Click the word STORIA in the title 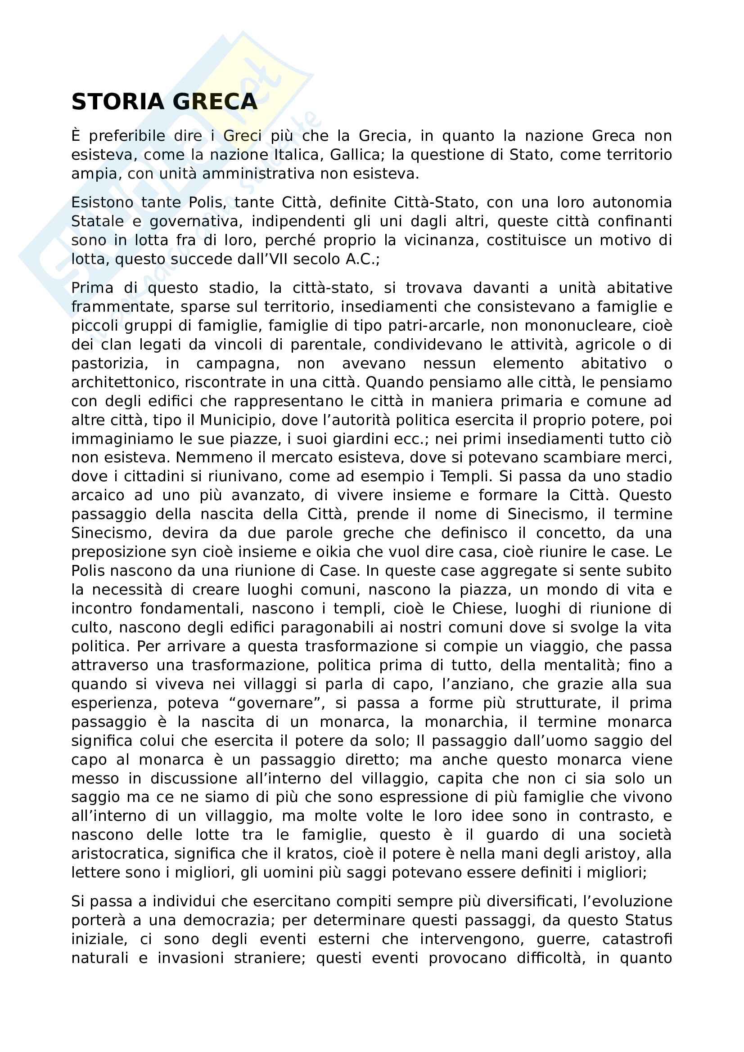(x=117, y=102)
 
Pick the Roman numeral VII (x=278, y=260)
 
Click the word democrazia (x=228, y=921)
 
